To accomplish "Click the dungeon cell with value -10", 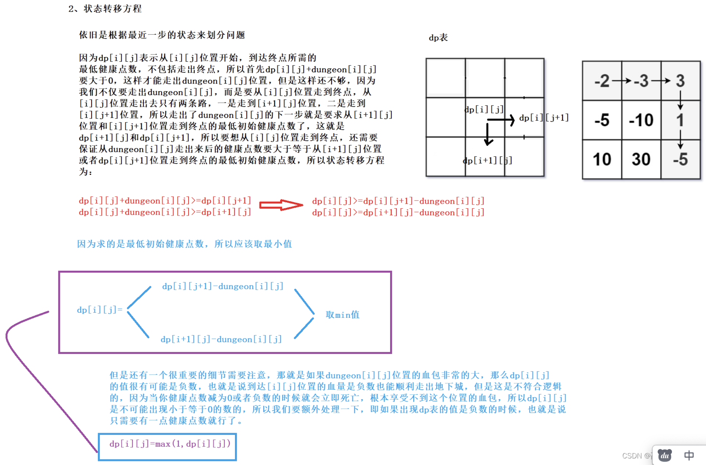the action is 641,120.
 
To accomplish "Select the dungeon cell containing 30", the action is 641,159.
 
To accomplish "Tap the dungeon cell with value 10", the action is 602,159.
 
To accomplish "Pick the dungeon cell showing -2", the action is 602,81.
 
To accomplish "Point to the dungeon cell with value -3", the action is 641,81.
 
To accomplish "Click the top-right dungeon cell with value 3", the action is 680,81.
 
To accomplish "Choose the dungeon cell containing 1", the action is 680,120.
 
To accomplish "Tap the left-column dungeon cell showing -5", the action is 602,120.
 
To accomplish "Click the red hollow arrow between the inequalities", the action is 281,205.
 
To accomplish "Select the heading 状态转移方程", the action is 112,8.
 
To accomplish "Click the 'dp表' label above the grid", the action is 438,38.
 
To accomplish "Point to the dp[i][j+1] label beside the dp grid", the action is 543,118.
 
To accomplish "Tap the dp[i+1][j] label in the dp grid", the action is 487,160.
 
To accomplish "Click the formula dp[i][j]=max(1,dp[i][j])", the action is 170,444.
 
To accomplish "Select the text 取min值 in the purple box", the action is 342,315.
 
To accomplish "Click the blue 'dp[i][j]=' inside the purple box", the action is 99,310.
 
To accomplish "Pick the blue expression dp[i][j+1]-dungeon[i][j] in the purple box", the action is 222,286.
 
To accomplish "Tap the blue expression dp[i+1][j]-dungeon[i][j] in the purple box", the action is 221,339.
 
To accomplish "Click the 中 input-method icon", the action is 689,455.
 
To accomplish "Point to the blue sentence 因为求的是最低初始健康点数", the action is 184,244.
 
